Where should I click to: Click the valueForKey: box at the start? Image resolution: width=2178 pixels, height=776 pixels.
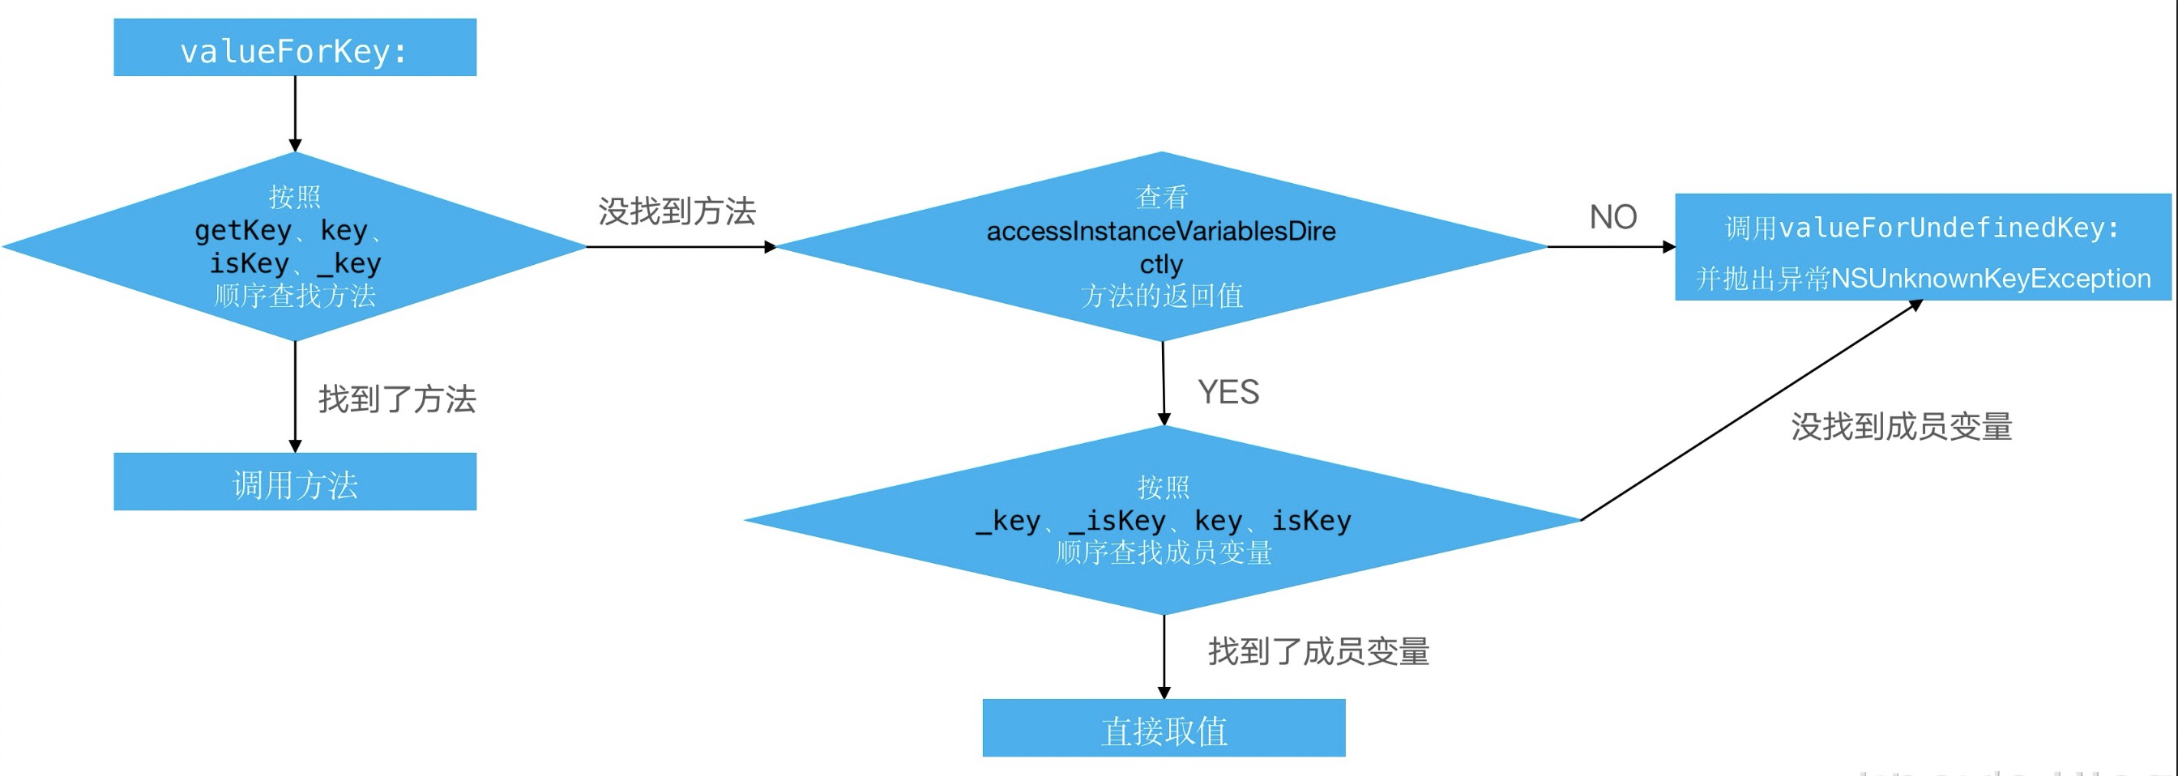pyautogui.click(x=294, y=48)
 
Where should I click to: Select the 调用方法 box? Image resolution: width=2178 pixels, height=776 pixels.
pyautogui.click(x=294, y=482)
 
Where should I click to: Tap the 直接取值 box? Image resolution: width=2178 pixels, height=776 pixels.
pyautogui.click(x=1164, y=728)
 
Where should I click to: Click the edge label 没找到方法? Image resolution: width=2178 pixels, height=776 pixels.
pyautogui.click(x=677, y=211)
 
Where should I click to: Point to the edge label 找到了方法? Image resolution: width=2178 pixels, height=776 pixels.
pyautogui.click(x=396, y=399)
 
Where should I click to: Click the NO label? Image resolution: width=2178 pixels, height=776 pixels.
pyautogui.click(x=1612, y=217)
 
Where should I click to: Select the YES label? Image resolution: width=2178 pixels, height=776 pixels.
pyautogui.click(x=1228, y=392)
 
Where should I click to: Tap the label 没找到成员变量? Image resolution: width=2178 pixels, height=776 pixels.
pyautogui.click(x=1901, y=426)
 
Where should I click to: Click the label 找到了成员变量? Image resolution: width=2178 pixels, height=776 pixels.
pyautogui.click(x=1318, y=651)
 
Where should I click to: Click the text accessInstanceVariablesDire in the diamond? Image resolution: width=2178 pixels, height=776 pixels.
pyautogui.click(x=1161, y=231)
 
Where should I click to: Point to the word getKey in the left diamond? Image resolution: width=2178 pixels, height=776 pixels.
pyautogui.click(x=242, y=230)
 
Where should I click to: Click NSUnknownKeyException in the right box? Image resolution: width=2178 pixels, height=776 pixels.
pyautogui.click(x=1990, y=278)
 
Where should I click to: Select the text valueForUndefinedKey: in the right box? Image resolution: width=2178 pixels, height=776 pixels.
pyautogui.click(x=1949, y=228)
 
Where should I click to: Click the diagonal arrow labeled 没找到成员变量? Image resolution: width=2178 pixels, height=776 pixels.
pyautogui.click(x=1750, y=411)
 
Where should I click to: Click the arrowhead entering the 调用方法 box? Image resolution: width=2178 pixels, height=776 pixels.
pyautogui.click(x=295, y=446)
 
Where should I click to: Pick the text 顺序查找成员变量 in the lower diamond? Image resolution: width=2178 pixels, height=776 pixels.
pyautogui.click(x=1164, y=552)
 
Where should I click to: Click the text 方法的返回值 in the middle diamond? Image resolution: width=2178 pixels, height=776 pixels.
pyautogui.click(x=1161, y=296)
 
